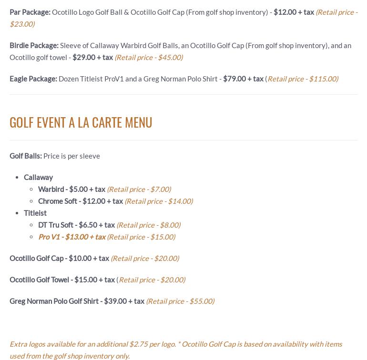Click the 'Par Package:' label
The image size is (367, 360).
coord(30,12)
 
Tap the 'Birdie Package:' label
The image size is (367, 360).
coord(34,45)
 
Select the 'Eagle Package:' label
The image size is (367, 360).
coord(33,79)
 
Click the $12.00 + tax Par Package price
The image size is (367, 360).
coord(294,12)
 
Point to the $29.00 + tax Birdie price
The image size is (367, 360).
coord(92,57)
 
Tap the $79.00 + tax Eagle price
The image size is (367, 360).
coord(243,79)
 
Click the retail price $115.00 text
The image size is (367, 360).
coord(303,79)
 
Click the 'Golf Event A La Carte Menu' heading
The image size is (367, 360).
coord(81,122)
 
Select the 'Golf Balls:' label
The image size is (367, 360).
coord(26,156)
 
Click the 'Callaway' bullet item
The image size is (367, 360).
coord(38,177)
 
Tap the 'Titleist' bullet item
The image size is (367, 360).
coord(35,213)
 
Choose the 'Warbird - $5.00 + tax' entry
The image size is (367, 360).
coord(71,189)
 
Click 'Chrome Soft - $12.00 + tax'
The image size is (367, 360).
coord(81,201)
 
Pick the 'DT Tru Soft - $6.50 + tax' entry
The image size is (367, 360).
coord(76,225)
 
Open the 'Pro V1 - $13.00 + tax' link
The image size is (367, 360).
coord(72,237)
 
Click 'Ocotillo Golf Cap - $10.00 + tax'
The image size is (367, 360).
coord(59,258)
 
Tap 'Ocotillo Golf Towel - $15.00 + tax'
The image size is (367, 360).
coord(62,280)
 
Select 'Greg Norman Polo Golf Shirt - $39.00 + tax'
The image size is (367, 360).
coord(77,301)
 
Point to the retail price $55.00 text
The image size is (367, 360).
coord(180,301)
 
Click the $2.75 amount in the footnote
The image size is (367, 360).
coord(138,344)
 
